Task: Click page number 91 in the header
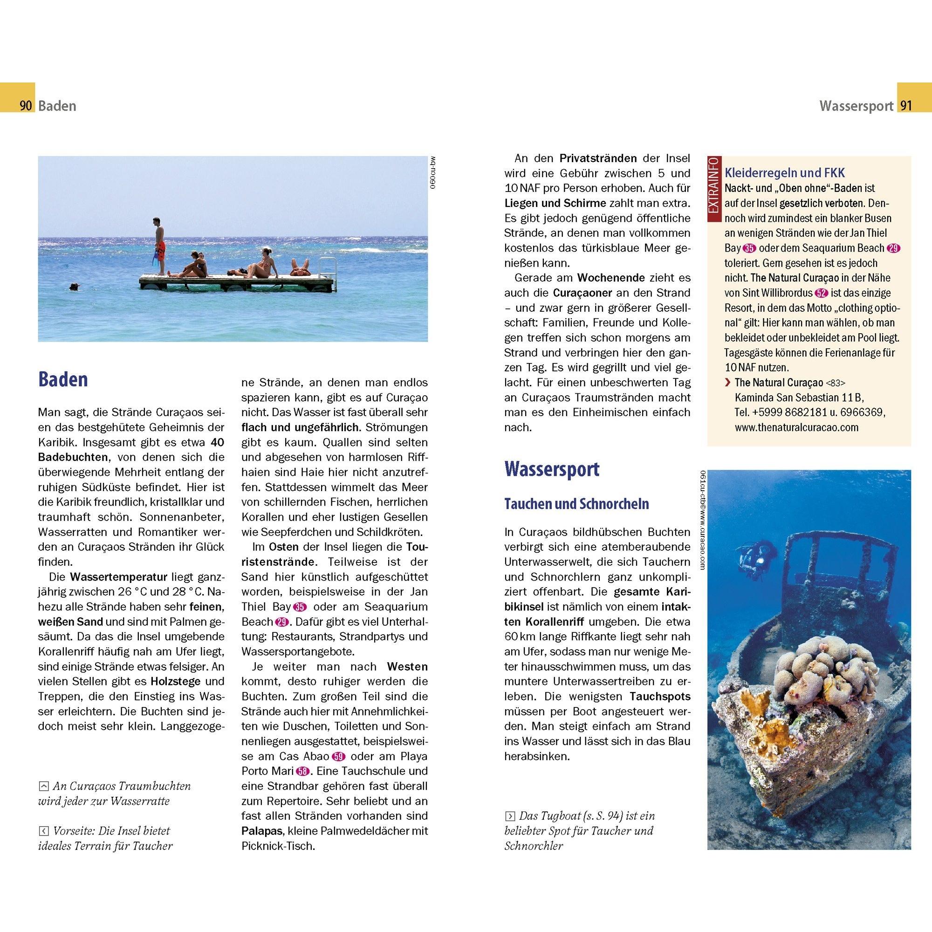pyautogui.click(x=906, y=106)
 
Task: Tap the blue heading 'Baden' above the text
pyautogui.click(x=63, y=380)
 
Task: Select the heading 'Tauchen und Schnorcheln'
pyautogui.click(x=576, y=504)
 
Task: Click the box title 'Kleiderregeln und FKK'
pyautogui.click(x=785, y=173)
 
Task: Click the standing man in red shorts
pyautogui.click(x=159, y=246)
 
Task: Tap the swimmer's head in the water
pyautogui.click(x=73, y=287)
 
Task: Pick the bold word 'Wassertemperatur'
pyautogui.click(x=119, y=576)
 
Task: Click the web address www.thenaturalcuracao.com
pyautogui.click(x=796, y=427)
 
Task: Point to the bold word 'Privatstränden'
pyautogui.click(x=598, y=158)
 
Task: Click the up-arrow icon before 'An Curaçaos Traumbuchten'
pyautogui.click(x=43, y=786)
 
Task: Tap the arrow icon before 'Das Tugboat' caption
pyautogui.click(x=509, y=816)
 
